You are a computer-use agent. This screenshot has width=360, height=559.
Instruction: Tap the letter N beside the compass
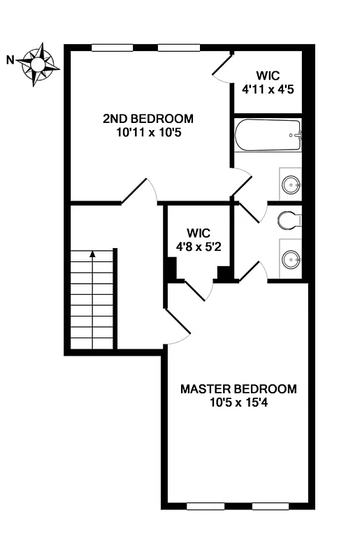click(x=10, y=60)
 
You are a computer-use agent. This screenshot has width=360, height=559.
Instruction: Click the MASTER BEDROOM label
click(x=238, y=389)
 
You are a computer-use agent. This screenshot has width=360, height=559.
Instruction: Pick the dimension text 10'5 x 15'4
click(x=238, y=402)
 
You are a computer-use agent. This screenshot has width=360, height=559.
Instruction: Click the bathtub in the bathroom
click(x=268, y=136)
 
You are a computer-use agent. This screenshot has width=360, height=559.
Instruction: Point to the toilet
click(x=289, y=220)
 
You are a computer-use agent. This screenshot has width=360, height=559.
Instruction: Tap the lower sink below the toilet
click(x=291, y=259)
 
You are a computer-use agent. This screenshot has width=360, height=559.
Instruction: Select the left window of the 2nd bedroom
click(x=113, y=48)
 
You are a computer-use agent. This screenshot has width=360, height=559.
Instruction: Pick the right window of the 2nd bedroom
click(x=178, y=48)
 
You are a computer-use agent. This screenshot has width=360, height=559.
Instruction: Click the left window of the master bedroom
click(x=205, y=505)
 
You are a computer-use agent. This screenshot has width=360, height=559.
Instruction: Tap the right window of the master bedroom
click(x=271, y=505)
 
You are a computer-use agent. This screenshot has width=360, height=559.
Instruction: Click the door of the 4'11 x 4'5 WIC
click(x=222, y=68)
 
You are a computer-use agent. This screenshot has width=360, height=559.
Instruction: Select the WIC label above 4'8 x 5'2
click(x=198, y=233)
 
